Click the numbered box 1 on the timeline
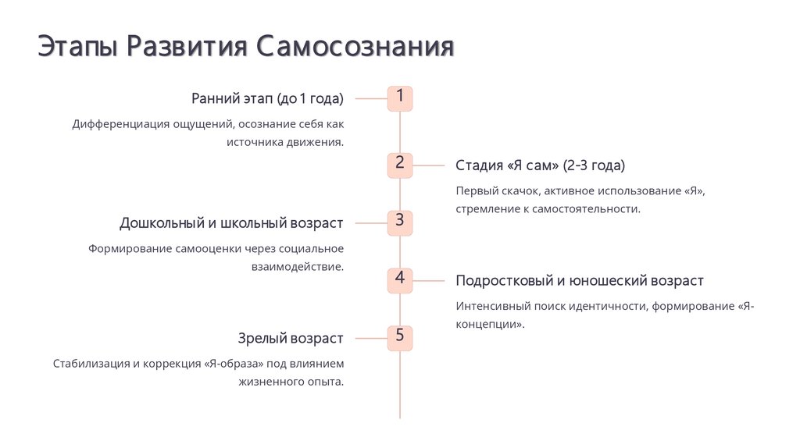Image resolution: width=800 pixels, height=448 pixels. (x=399, y=98)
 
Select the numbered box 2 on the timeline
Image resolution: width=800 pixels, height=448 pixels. (x=399, y=165)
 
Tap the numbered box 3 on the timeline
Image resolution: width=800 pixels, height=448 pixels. (x=399, y=222)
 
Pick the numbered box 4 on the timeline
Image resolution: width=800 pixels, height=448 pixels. (x=399, y=280)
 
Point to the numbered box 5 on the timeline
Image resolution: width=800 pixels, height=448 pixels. (x=399, y=338)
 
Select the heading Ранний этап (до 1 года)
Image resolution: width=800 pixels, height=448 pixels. (x=267, y=98)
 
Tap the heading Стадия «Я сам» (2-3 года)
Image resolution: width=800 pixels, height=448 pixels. (x=541, y=165)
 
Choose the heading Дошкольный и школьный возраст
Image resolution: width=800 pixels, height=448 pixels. (x=231, y=223)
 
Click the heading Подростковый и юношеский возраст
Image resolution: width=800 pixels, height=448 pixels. (x=580, y=281)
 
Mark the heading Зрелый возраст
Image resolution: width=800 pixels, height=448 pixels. (x=291, y=339)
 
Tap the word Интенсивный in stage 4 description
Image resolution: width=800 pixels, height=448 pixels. (x=492, y=306)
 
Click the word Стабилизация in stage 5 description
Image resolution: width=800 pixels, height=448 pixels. (x=91, y=364)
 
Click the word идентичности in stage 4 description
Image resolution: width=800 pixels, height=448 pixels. (x=605, y=306)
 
